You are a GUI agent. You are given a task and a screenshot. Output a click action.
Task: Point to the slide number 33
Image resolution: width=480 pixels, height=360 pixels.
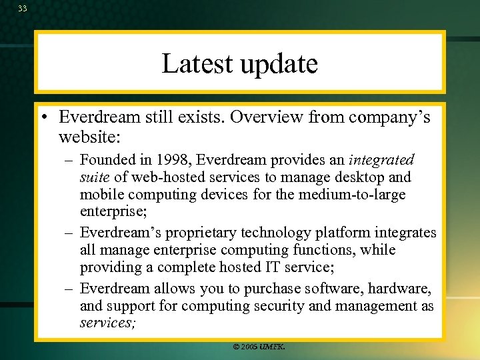tap(23, 8)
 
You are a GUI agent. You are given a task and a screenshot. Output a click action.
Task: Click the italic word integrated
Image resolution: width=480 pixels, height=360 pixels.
tap(382, 161)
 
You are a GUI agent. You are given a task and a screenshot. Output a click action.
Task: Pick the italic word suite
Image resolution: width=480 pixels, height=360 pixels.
tap(94, 177)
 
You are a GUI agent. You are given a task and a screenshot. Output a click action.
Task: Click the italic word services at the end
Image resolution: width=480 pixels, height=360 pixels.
tap(105, 323)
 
